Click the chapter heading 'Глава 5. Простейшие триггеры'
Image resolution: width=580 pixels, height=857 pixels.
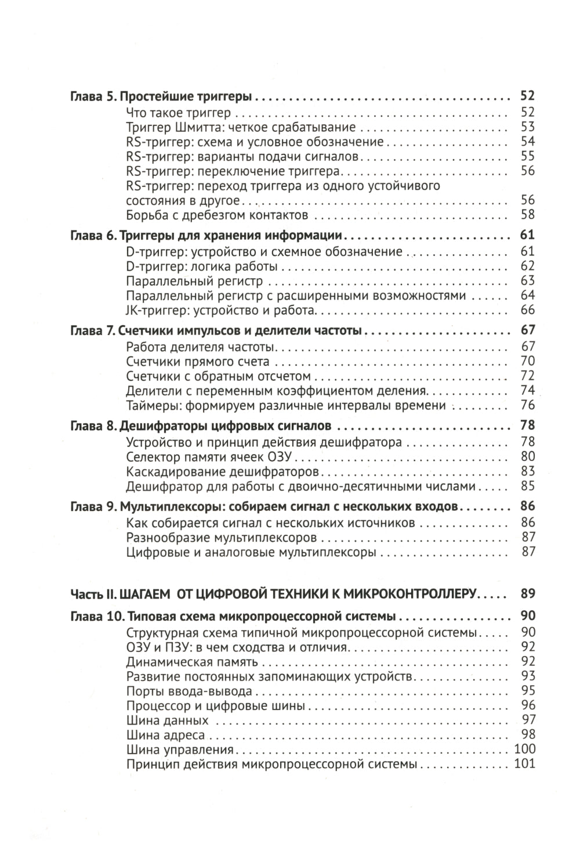pyautogui.click(x=162, y=97)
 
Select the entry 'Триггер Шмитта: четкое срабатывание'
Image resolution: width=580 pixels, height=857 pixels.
pyautogui.click(x=241, y=127)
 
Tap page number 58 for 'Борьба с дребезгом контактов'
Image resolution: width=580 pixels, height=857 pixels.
pyautogui.click(x=527, y=215)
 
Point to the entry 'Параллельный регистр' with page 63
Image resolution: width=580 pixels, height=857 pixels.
pyautogui.click(x=194, y=281)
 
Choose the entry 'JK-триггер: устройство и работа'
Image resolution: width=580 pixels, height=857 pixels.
pyautogui.click(x=220, y=311)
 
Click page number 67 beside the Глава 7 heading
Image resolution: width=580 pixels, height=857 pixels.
pyautogui.click(x=527, y=331)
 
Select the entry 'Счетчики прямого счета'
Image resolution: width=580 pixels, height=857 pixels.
pyautogui.click(x=197, y=362)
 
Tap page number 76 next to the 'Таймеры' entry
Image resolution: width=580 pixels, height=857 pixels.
pyautogui.click(x=527, y=405)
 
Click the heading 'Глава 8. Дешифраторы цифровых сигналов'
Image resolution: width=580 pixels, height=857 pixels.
pyautogui.click(x=201, y=427)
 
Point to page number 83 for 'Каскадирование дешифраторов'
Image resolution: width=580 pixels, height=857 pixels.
pyautogui.click(x=527, y=471)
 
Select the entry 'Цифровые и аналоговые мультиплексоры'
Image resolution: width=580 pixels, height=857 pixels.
pyautogui.click(x=251, y=552)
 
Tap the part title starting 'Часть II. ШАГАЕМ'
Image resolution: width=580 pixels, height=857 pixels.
pyautogui.click(x=273, y=593)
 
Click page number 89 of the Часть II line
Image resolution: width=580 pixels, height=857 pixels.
pyautogui.click(x=527, y=593)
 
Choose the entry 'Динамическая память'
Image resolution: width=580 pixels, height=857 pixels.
pyautogui.click(x=192, y=662)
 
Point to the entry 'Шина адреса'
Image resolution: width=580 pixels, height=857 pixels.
pyautogui.click(x=165, y=735)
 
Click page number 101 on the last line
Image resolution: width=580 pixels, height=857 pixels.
pyautogui.click(x=524, y=764)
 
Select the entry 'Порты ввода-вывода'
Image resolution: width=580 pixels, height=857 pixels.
pyautogui.click(x=189, y=691)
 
